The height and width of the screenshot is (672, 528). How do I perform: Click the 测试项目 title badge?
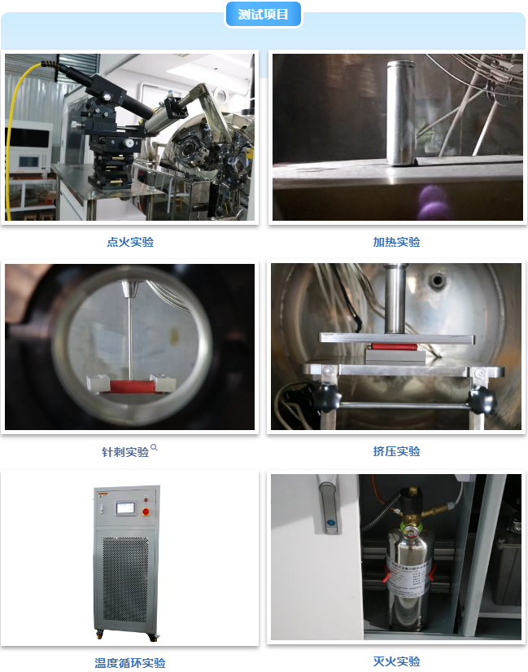pyautogui.click(x=264, y=14)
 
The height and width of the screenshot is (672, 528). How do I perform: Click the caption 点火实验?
pyautogui.click(x=130, y=242)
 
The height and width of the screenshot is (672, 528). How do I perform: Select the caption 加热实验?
pyautogui.click(x=396, y=242)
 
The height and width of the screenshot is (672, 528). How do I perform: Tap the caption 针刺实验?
pyautogui.click(x=125, y=452)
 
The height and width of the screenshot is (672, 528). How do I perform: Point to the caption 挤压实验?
pyautogui.click(x=396, y=451)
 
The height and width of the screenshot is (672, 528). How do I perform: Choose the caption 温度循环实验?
pyautogui.click(x=130, y=663)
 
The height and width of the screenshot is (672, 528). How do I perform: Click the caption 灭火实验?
pyautogui.click(x=396, y=661)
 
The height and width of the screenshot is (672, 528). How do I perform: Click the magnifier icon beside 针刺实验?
pyautogui.click(x=154, y=447)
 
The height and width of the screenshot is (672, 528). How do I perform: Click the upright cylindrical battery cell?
pyautogui.click(x=401, y=112)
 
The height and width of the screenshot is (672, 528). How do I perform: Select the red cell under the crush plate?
pyautogui.click(x=394, y=346)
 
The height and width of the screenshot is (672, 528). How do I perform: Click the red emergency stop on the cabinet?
pyautogui.click(x=146, y=512)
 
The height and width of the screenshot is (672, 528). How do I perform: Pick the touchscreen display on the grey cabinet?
pyautogui.click(x=125, y=509)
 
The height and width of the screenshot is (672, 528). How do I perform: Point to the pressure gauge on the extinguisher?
pyautogui.click(x=410, y=534)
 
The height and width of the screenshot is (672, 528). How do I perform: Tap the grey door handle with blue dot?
pyautogui.click(x=329, y=508)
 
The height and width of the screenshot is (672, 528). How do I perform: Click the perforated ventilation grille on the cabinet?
pyautogui.click(x=126, y=578)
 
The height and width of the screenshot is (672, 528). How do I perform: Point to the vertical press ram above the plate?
pyautogui.click(x=395, y=298)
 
